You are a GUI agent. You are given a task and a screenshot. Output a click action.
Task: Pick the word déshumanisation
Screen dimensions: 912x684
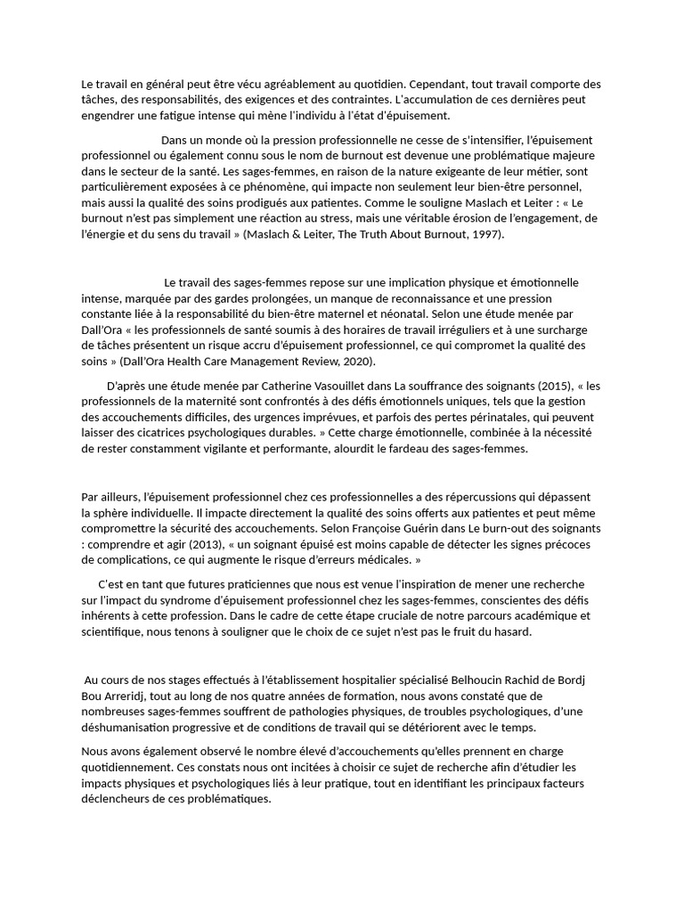(x=129, y=727)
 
